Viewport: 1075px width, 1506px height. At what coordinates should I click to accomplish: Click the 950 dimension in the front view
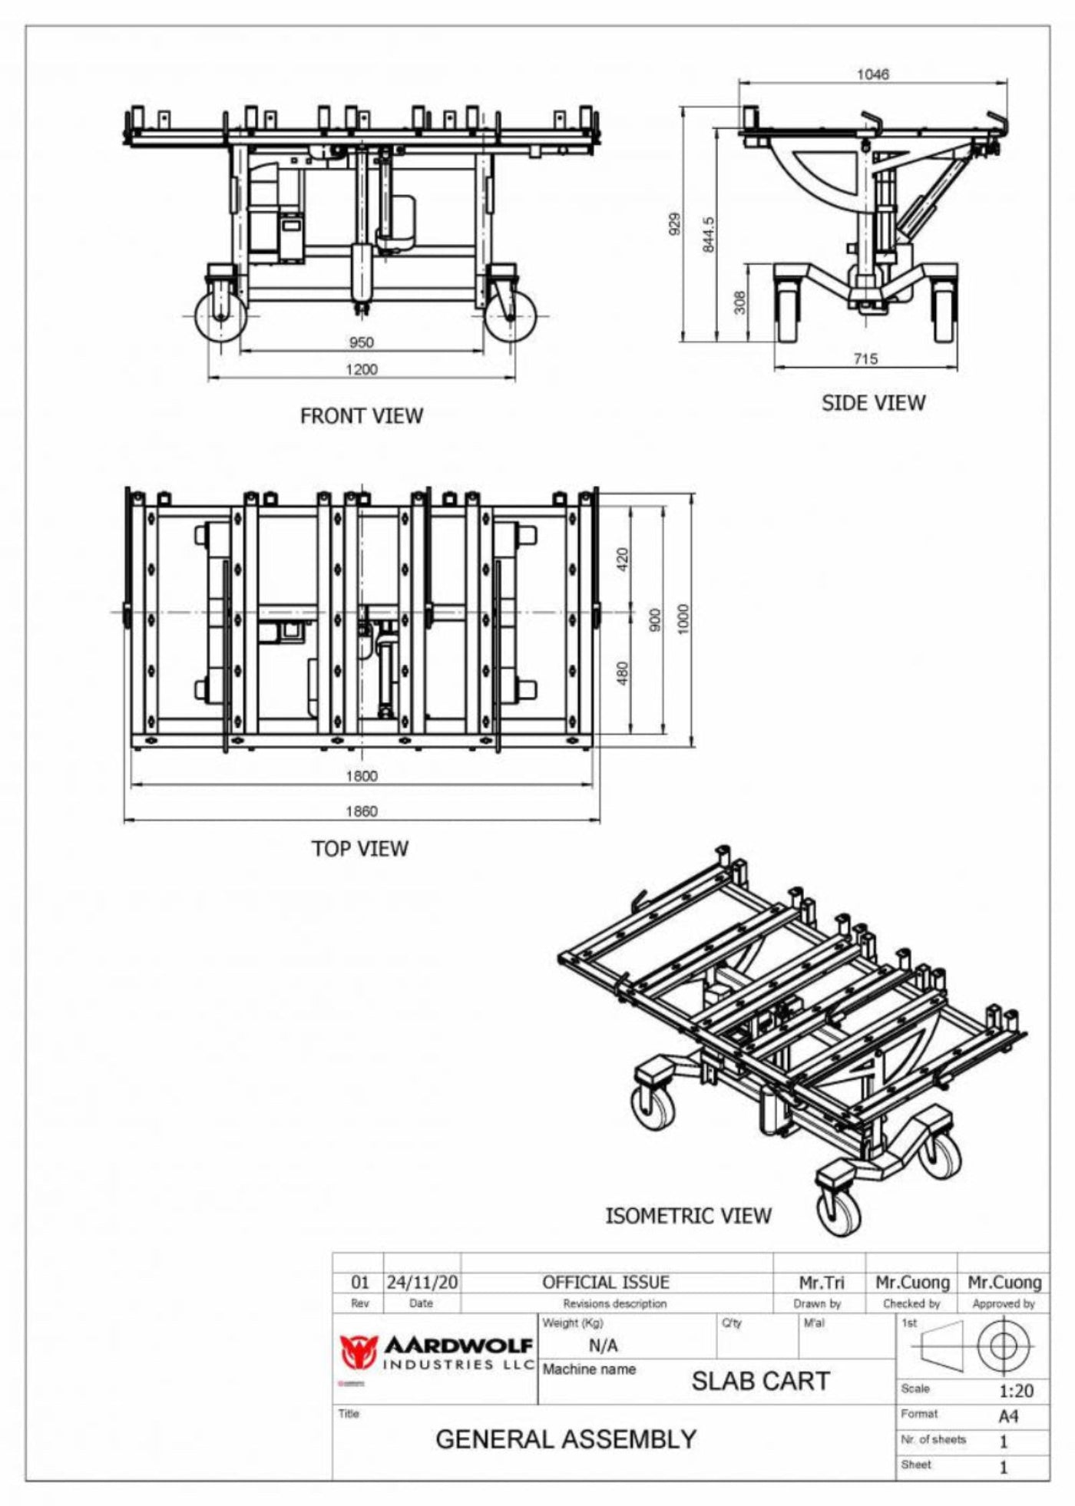coord(361,342)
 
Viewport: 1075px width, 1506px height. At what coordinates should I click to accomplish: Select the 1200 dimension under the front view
coord(361,369)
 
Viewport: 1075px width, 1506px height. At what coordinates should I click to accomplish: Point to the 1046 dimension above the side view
coord(872,74)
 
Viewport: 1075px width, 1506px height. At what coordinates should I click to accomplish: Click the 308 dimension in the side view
coord(739,302)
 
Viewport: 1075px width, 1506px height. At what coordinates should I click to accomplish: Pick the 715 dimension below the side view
coord(865,358)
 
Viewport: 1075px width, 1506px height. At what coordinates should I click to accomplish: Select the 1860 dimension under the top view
coord(361,811)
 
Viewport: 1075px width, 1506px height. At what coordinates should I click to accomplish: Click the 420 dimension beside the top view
coord(623,559)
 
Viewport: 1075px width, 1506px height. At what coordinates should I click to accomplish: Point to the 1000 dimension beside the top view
coord(683,619)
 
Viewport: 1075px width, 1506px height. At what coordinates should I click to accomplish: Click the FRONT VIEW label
coord(361,416)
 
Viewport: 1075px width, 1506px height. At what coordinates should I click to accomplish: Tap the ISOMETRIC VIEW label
coord(688,1216)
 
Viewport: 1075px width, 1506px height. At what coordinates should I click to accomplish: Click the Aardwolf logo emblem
coord(359,1352)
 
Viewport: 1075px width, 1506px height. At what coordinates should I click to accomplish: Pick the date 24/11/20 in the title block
coord(422,1283)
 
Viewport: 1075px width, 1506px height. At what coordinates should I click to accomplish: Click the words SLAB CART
coord(760,1381)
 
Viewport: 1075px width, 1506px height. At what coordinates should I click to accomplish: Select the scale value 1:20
coord(1016,1390)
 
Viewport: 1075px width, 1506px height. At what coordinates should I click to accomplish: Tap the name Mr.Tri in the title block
coord(822,1283)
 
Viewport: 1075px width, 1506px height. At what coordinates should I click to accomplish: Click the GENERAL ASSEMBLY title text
coord(566,1439)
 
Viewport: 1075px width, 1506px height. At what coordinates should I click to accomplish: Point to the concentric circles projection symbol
coord(1002,1346)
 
